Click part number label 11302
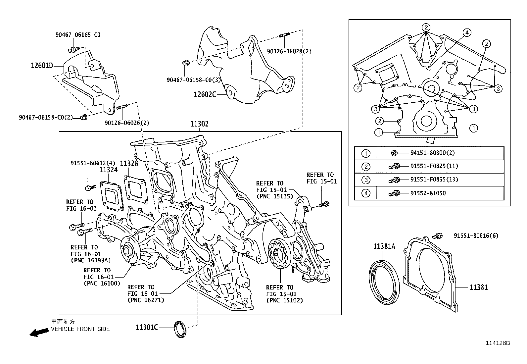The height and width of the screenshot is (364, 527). pyautogui.click(x=199, y=124)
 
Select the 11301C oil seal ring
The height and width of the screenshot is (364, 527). pyautogui.click(x=180, y=329)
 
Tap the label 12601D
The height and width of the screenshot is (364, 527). pyautogui.click(x=42, y=66)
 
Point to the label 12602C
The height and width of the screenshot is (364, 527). pyautogui.click(x=205, y=95)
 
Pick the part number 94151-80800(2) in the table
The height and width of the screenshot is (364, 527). pyautogui.click(x=432, y=153)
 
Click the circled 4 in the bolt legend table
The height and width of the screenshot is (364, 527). pyautogui.click(x=366, y=193)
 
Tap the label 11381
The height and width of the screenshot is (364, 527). pyautogui.click(x=478, y=287)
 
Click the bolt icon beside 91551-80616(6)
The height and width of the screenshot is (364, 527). pyautogui.click(x=438, y=236)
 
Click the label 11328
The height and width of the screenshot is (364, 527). pyautogui.click(x=129, y=164)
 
